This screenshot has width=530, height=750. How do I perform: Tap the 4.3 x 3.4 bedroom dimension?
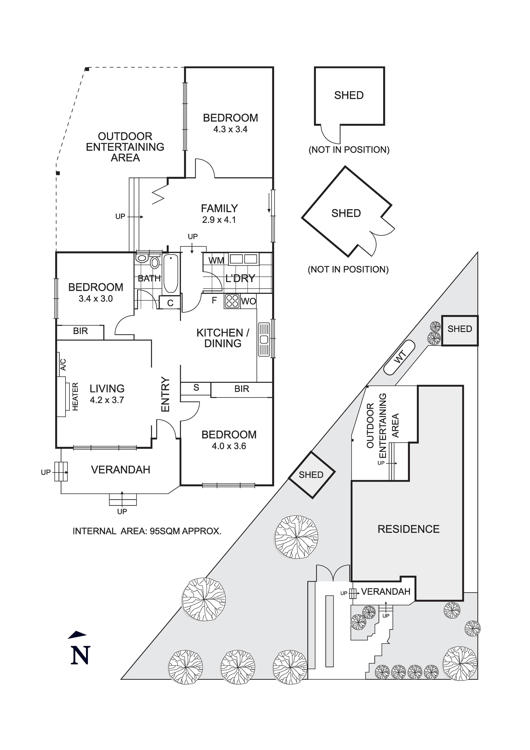230,129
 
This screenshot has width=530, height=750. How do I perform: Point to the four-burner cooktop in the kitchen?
232,301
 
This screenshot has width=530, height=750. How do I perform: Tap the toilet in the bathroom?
155,262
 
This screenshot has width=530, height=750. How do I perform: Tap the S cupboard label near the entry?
196,388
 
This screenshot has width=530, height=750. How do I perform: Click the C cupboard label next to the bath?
170,303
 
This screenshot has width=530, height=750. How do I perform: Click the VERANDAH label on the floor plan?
121,470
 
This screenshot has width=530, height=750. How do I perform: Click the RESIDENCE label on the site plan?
409,529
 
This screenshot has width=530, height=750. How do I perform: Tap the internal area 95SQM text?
147,531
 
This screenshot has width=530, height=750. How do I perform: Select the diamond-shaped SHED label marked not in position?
346,213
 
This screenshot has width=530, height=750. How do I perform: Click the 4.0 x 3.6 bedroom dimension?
229,446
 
